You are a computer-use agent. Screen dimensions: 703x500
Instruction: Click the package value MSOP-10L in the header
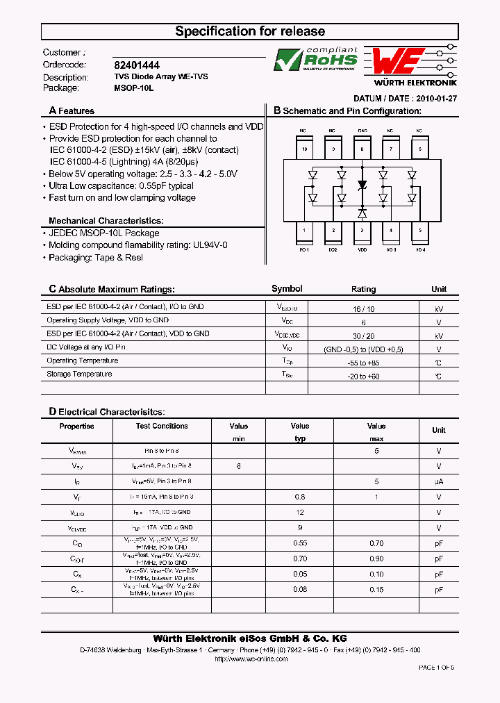[133, 88]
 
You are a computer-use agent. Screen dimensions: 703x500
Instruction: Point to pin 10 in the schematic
[303, 148]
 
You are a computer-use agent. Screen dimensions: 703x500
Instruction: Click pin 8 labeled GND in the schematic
[362, 148]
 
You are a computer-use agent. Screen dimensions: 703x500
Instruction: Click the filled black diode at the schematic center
[362, 185]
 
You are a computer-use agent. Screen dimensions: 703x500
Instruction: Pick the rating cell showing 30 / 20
[363, 336]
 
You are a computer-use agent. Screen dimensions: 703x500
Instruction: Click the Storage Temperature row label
[79, 374]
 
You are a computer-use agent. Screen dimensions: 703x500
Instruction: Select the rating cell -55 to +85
[363, 363]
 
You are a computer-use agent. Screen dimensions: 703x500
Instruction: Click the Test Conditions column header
[162, 426]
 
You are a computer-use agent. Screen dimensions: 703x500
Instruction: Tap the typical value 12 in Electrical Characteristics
[300, 512]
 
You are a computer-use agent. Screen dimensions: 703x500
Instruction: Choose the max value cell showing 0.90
[376, 559]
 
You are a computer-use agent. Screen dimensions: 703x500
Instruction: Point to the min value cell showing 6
[238, 466]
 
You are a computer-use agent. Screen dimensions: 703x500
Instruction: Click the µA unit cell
[438, 481]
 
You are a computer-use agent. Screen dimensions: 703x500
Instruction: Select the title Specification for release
[250, 31]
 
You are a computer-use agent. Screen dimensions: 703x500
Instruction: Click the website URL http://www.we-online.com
[250, 659]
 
